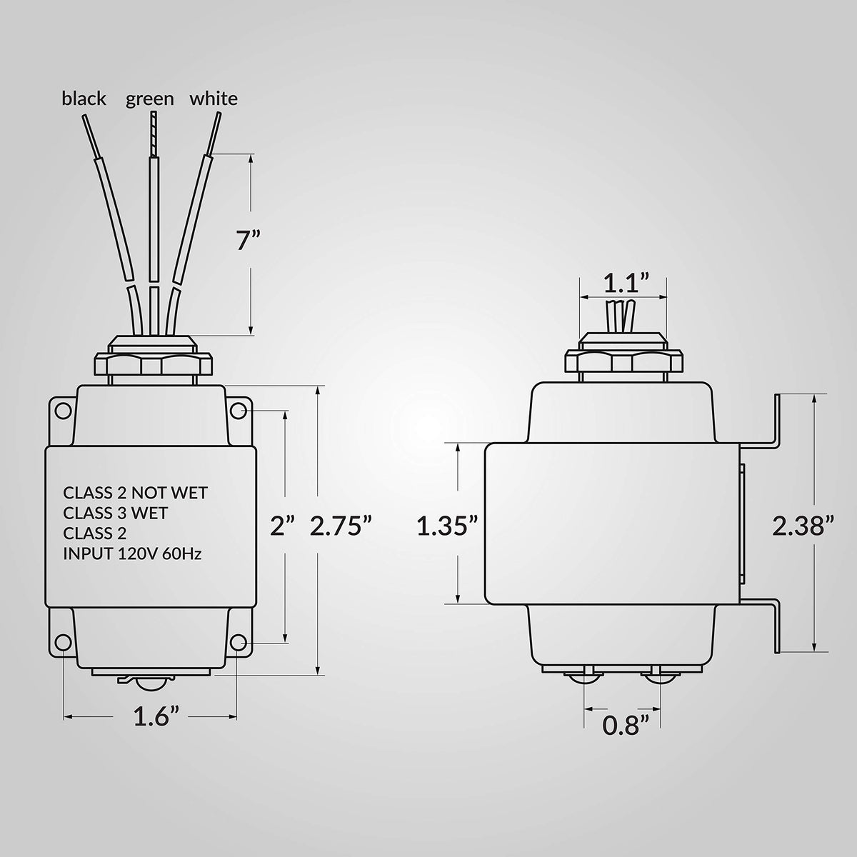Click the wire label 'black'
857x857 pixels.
[x=84, y=99]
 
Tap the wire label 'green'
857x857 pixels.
[x=149, y=99]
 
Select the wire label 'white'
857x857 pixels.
[x=214, y=99]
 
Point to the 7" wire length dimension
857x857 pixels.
[x=248, y=241]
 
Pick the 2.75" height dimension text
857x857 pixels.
[x=340, y=526]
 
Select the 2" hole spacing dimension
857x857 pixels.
[x=283, y=526]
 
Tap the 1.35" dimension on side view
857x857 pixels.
[x=447, y=526]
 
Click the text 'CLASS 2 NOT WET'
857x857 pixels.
[x=135, y=493]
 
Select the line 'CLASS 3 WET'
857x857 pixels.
[x=115, y=513]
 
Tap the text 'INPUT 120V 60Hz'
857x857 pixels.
[x=132, y=554]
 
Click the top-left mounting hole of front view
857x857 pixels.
[x=64, y=410]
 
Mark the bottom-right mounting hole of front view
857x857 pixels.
[x=239, y=642]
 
